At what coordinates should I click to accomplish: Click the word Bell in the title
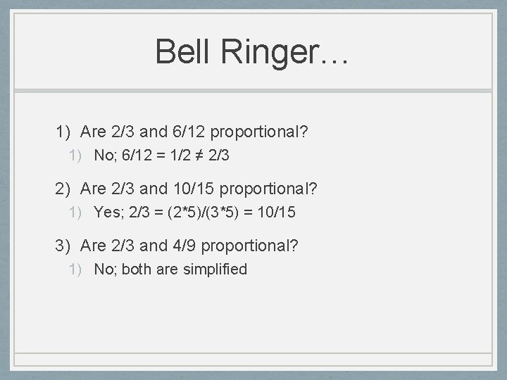[x=181, y=51]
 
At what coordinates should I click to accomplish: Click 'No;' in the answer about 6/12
[x=106, y=156]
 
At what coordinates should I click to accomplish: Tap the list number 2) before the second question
[x=65, y=189]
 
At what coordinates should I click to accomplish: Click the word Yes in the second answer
[x=108, y=213]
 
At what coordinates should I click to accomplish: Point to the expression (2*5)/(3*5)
[x=203, y=213]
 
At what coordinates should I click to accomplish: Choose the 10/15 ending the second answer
[x=277, y=213]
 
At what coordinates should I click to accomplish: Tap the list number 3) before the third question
[x=65, y=246]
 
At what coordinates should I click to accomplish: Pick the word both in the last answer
[x=137, y=270]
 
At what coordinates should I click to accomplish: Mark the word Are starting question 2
[x=93, y=189]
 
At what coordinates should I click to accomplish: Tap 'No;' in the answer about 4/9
[x=106, y=270]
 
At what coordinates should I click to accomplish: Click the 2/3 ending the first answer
[x=219, y=156]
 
